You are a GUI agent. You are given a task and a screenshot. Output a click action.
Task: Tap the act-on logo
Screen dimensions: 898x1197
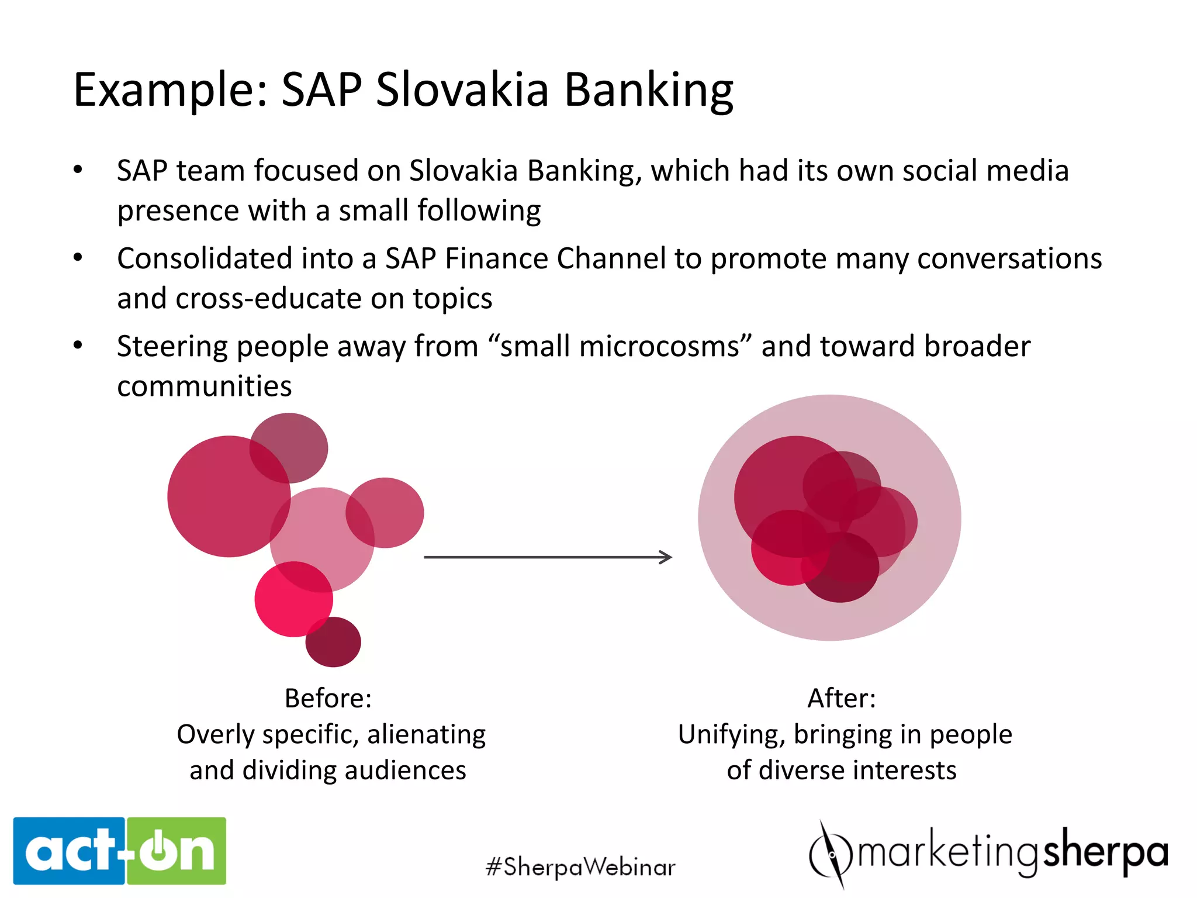pyautogui.click(x=120, y=851)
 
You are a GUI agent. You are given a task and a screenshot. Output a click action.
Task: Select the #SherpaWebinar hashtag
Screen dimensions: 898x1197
pyautogui.click(x=580, y=866)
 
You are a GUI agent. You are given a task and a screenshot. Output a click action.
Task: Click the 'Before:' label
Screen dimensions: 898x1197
pyautogui.click(x=328, y=698)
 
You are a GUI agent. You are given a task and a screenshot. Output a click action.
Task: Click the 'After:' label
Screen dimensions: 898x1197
pyautogui.click(x=842, y=698)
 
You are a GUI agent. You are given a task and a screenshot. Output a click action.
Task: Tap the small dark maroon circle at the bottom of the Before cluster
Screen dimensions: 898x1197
pyautogui.click(x=334, y=643)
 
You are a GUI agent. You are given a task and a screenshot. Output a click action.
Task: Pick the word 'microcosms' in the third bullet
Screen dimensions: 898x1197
pyautogui.click(x=620, y=346)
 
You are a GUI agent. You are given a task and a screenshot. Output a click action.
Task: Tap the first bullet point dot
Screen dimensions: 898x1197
pyautogui.click(x=78, y=170)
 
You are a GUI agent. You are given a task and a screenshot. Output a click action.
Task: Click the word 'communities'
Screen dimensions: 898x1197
pyautogui.click(x=205, y=386)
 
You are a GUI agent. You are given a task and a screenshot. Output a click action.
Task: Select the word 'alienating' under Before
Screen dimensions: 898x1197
pyautogui.click(x=426, y=734)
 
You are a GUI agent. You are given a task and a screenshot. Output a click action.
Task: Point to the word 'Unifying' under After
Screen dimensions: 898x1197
pyautogui.click(x=731, y=734)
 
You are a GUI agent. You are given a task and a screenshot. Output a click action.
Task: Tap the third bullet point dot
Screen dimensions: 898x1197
pyautogui.click(x=78, y=346)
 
